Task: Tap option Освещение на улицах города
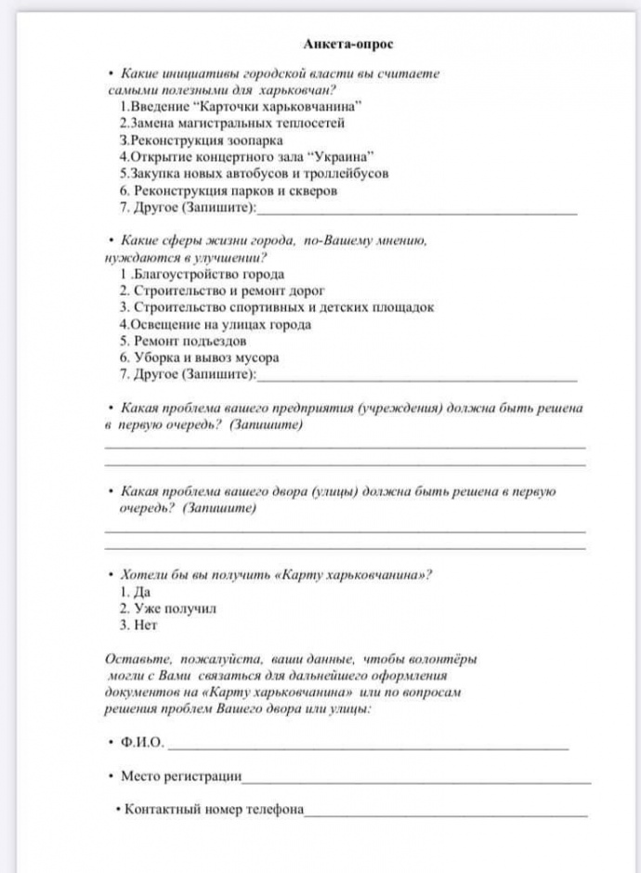click(215, 324)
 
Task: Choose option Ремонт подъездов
click(182, 341)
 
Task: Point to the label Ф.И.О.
click(143, 743)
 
